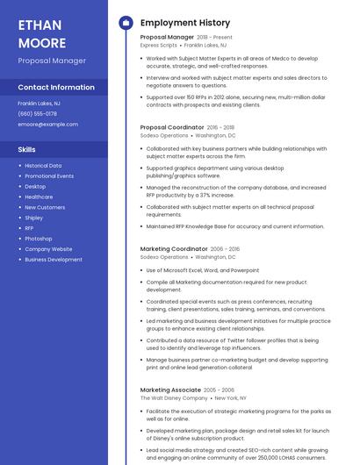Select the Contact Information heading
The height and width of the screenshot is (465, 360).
56,87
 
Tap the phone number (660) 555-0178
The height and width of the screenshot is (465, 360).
37,113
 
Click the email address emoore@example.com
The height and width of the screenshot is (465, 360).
47,124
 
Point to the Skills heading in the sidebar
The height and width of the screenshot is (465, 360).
26,149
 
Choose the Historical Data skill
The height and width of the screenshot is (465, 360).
43,166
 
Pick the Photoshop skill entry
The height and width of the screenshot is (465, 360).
38,239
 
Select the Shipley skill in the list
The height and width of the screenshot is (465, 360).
33,218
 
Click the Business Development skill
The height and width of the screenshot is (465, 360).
54,260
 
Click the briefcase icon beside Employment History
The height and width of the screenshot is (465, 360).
126,22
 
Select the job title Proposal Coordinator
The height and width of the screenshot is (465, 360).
172,127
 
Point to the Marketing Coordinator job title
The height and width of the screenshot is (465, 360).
174,249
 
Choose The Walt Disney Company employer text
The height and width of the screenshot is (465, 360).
176,397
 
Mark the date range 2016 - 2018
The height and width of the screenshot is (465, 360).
220,127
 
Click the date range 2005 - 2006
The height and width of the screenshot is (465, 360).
221,390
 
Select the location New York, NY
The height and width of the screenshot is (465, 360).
232,397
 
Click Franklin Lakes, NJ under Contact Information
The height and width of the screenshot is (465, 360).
39,103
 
